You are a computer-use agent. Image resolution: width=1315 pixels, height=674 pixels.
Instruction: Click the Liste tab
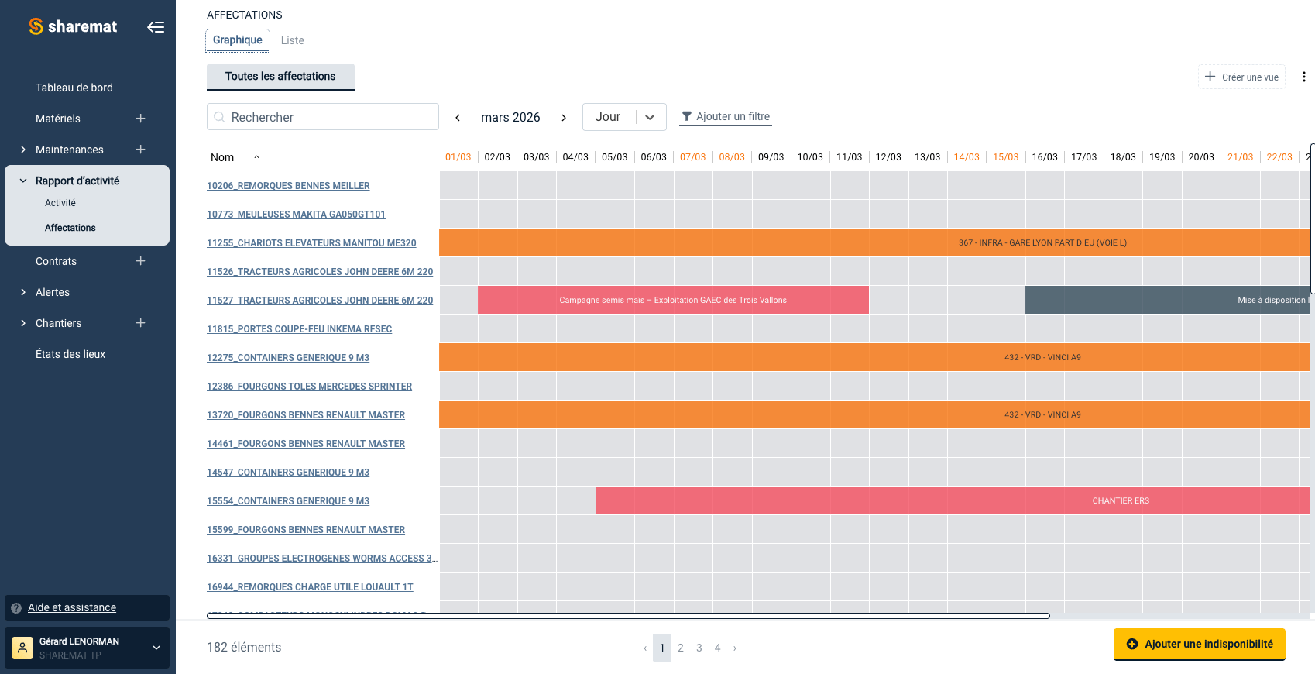point(292,40)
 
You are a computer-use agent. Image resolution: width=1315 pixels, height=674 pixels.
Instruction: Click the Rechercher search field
point(323,117)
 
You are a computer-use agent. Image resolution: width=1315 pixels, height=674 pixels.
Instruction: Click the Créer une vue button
point(1241,77)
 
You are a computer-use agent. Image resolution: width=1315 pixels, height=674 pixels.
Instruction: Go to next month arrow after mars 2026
point(564,118)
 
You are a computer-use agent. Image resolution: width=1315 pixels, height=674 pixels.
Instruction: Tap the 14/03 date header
point(967,157)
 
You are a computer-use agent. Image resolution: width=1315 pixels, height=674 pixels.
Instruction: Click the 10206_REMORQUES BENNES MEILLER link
point(288,186)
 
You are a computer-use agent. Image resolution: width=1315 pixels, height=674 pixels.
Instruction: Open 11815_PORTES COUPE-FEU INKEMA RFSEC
point(299,329)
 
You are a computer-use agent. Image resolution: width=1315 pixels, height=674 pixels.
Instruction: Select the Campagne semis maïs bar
point(673,300)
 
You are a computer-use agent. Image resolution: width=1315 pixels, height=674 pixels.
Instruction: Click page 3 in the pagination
point(699,648)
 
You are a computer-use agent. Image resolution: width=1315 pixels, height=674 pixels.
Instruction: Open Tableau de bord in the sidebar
point(74,88)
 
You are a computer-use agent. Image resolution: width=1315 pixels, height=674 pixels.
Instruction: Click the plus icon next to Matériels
point(141,119)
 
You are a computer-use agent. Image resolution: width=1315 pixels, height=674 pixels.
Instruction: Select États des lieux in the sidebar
point(70,354)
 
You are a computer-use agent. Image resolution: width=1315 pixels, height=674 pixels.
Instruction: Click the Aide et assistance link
point(72,607)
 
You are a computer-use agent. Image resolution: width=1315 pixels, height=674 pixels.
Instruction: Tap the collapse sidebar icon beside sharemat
point(156,27)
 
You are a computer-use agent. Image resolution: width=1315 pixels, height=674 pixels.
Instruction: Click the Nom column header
point(222,157)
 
